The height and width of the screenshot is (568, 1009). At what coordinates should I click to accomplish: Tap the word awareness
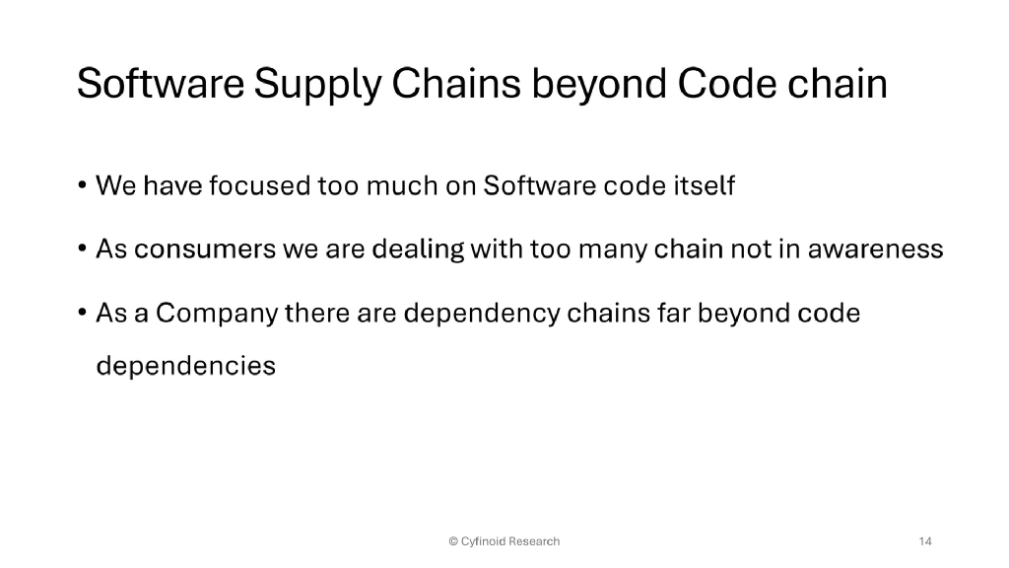pos(876,249)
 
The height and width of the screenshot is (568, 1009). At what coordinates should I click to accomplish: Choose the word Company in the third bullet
pos(218,315)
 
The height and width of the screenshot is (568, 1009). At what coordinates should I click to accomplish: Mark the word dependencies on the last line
pos(185,366)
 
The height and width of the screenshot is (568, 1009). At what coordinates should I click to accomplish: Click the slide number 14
pos(925,541)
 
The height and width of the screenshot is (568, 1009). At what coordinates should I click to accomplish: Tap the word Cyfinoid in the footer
pos(484,541)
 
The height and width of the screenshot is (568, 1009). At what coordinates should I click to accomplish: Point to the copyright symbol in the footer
pos(453,541)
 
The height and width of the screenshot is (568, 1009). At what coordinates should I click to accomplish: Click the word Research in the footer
pos(534,541)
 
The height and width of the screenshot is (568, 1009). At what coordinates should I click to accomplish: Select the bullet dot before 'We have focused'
pos(82,186)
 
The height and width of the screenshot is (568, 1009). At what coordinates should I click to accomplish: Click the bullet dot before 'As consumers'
pos(82,250)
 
